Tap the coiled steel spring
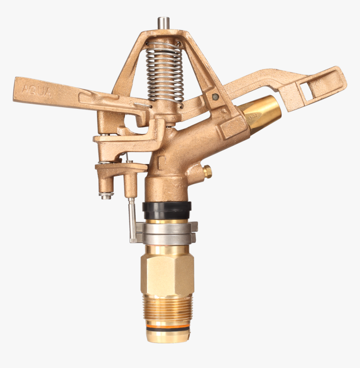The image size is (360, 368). point(165,73)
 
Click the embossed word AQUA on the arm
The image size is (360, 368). point(36,90)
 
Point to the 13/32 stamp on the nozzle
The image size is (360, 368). point(253,118)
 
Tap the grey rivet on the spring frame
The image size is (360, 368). point(215,97)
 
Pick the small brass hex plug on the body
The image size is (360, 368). point(207,171)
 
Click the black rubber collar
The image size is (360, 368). point(167,210)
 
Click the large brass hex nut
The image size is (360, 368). point(167,275)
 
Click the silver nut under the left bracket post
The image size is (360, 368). point(105,195)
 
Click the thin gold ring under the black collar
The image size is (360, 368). point(167,221)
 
